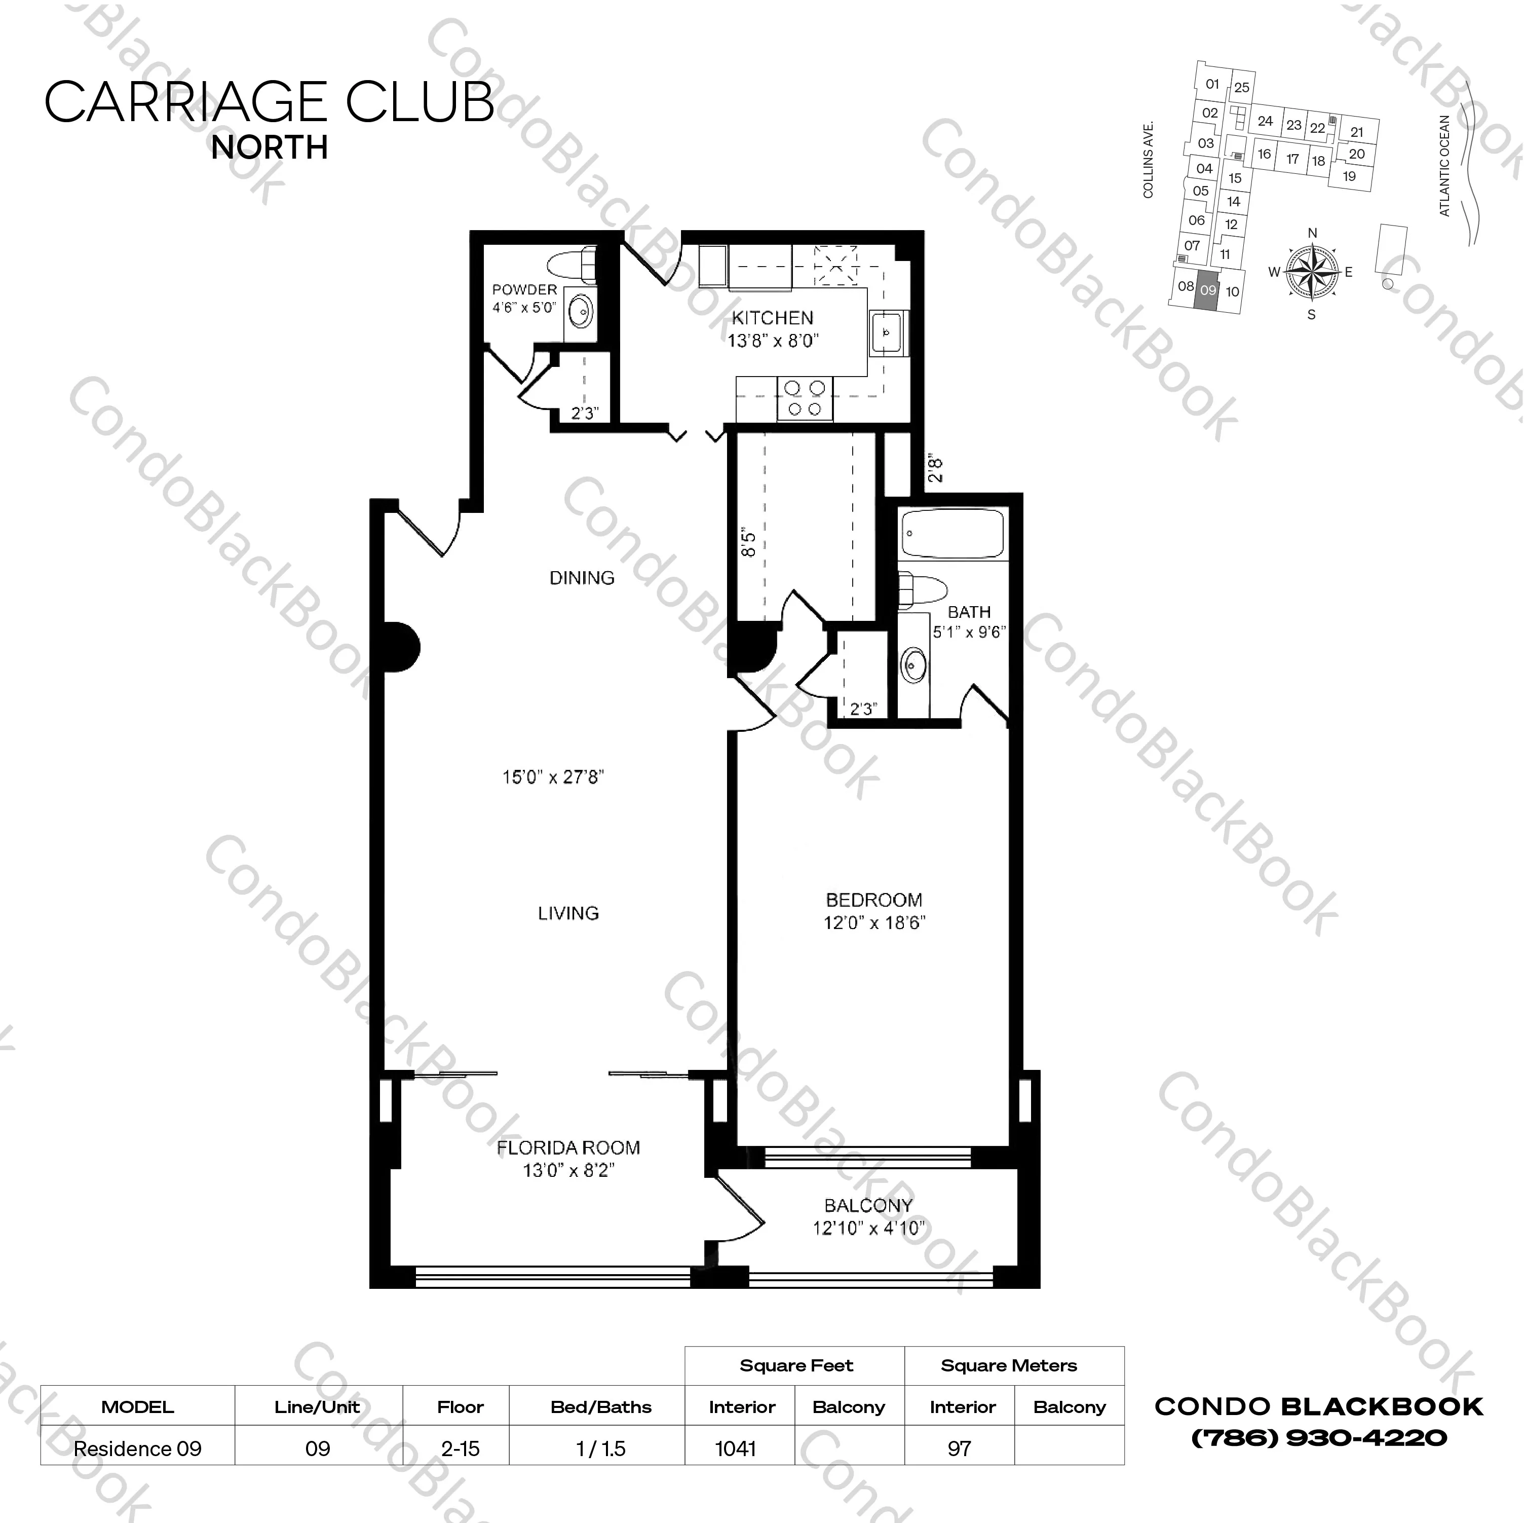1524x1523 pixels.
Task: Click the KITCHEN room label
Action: [x=772, y=318]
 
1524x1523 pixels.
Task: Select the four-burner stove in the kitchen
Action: [x=805, y=398]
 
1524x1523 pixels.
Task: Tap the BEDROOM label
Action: [x=873, y=900]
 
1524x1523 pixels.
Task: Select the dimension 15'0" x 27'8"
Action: [x=552, y=777]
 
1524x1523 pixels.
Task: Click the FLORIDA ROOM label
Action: [x=568, y=1148]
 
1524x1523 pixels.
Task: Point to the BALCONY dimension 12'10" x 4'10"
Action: [x=868, y=1229]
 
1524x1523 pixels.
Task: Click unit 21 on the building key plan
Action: [x=1357, y=132]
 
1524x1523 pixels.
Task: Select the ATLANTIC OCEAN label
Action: [x=1444, y=166]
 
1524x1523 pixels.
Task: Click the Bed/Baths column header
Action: [x=600, y=1406]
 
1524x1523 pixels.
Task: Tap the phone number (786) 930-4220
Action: [x=1318, y=1438]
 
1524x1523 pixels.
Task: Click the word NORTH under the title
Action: [x=270, y=147]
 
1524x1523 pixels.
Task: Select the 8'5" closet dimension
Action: [x=749, y=544]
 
